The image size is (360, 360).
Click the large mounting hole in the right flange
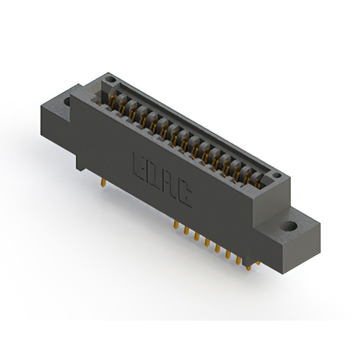[x=290, y=226]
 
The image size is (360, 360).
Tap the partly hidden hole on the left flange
[x=67, y=101]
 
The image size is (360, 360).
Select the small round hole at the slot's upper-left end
[x=111, y=80]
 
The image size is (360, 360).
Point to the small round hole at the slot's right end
[x=277, y=175]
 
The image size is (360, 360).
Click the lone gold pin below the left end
[x=103, y=183]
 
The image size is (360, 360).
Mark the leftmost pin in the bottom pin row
[x=176, y=224]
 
